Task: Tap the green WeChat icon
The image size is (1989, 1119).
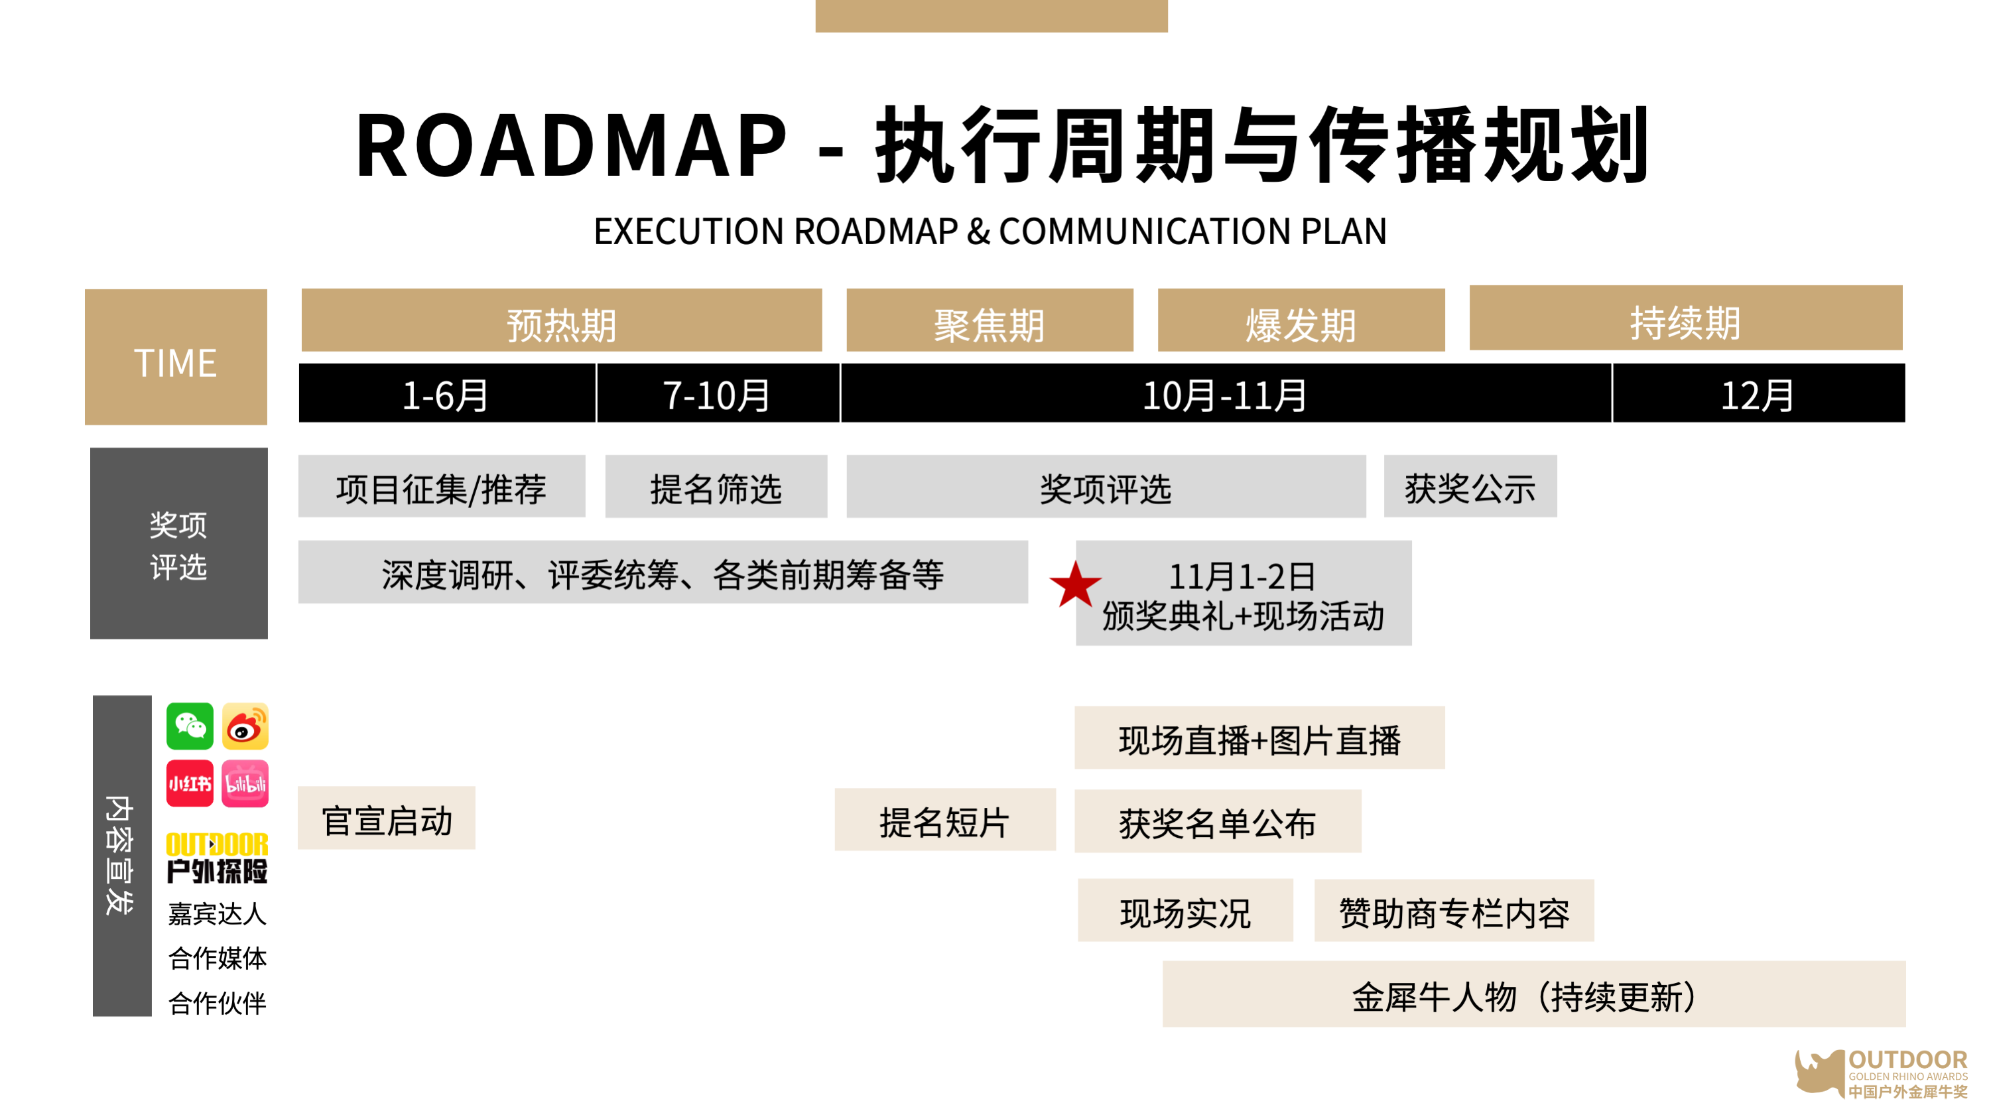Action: (190, 726)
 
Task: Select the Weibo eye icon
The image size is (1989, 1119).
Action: (245, 726)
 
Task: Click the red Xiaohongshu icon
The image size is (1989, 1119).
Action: (190, 783)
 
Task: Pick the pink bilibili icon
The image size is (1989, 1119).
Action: (245, 783)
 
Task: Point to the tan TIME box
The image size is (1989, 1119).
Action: (176, 357)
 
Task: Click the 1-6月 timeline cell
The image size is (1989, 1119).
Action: (446, 394)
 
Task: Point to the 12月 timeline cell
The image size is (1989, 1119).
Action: (1758, 394)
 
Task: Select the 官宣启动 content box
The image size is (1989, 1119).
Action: (386, 819)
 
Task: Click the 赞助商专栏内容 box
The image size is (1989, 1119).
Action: (1454, 911)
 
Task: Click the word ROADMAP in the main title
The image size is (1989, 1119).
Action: (572, 145)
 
